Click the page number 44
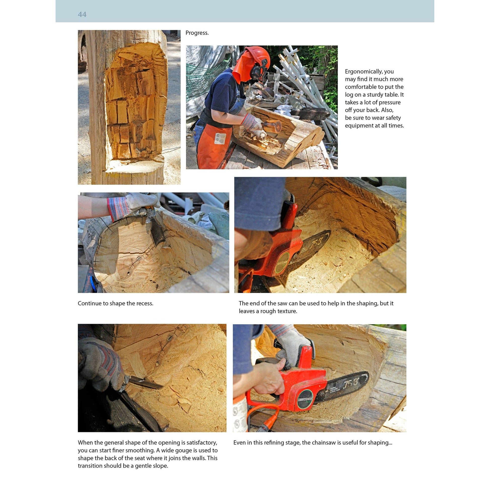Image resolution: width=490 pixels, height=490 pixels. (x=82, y=14)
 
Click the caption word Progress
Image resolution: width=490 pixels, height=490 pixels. (x=197, y=33)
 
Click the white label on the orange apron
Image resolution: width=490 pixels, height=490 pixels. (x=220, y=138)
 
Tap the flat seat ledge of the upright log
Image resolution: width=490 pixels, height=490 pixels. (x=134, y=165)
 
